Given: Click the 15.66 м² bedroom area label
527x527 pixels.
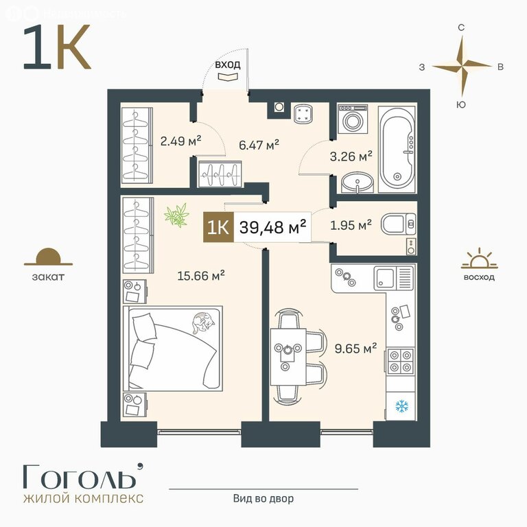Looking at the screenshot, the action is (x=201, y=276).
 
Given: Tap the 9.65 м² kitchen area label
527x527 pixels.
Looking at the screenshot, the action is (x=355, y=348).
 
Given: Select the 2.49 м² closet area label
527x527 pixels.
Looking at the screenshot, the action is (x=181, y=141).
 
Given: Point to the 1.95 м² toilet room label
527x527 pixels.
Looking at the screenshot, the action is (x=351, y=225).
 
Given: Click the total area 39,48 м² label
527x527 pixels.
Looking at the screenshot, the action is (x=272, y=227).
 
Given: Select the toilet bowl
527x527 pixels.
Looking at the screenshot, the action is (x=398, y=224).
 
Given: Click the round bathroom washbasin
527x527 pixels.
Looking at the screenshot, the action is (x=358, y=183).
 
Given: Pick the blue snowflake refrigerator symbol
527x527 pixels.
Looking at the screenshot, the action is (x=401, y=406).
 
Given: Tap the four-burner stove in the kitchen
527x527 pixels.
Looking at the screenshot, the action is (x=401, y=362).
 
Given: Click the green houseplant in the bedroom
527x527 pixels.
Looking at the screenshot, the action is (x=176, y=215).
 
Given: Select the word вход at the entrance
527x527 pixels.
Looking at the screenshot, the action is (x=228, y=65).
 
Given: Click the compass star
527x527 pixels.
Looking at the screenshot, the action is (x=462, y=66).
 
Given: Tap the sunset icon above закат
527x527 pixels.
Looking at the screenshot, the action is (x=49, y=257).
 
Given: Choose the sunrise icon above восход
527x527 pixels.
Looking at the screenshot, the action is (x=479, y=258).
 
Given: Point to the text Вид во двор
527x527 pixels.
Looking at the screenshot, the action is (x=263, y=498).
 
